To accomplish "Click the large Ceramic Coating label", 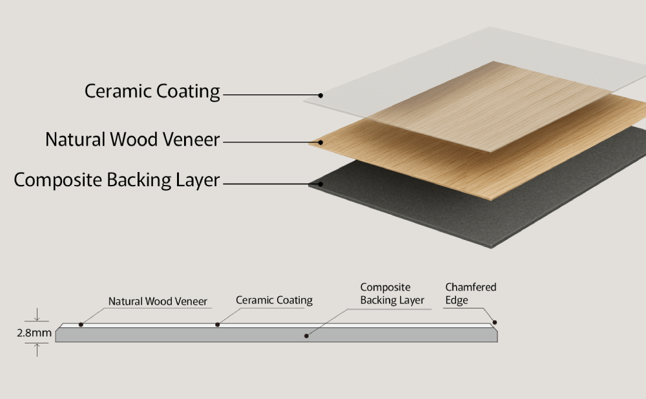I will (x=152, y=91).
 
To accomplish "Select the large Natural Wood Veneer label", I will (x=132, y=139).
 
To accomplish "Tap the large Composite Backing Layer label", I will (x=117, y=180).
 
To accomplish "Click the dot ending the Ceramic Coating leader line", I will (x=320, y=95).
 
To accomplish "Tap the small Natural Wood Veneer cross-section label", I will (x=158, y=301).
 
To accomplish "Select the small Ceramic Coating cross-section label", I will (x=274, y=300).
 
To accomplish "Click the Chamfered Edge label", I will (x=470, y=294).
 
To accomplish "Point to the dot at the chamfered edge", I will (x=495, y=322).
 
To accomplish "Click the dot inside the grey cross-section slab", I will (x=306, y=336).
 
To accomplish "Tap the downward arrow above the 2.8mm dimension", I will (x=38, y=316).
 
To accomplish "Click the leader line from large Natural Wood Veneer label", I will (x=271, y=142).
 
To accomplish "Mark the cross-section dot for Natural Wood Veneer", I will (x=81, y=324).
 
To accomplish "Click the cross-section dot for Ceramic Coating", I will (x=217, y=324).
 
